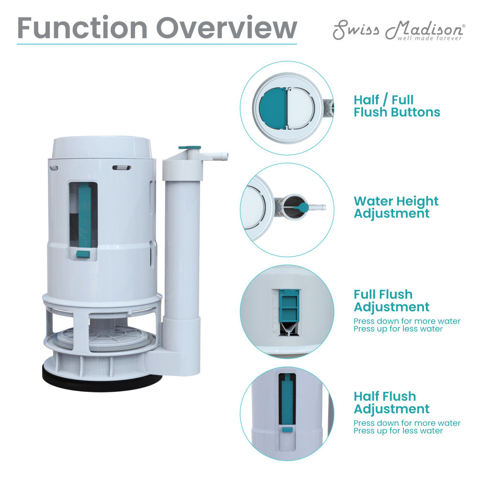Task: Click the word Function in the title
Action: [x=82, y=28]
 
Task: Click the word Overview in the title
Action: [x=227, y=28]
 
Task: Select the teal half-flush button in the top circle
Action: [x=273, y=107]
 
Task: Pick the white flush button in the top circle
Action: [x=301, y=108]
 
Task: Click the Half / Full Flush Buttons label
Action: [x=397, y=106]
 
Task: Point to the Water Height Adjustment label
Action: [x=396, y=207]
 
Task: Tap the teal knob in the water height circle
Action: [x=302, y=207]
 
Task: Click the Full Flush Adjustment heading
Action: [x=392, y=301]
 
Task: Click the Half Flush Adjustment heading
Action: [x=392, y=403]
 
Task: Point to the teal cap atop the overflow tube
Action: [x=190, y=148]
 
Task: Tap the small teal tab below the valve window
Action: [x=83, y=254]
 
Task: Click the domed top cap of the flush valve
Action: [x=102, y=147]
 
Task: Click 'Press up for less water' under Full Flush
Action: [x=398, y=329]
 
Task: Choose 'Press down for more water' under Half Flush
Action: [x=407, y=423]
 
